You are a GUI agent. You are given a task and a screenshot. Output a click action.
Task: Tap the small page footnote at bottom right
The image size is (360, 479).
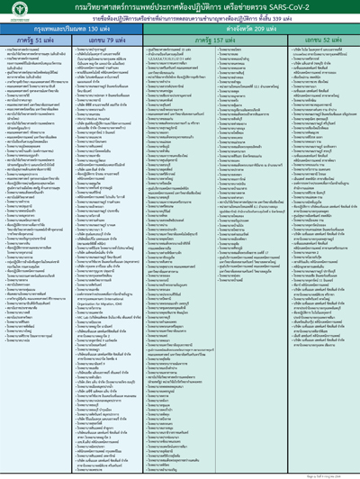[334, 472]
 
